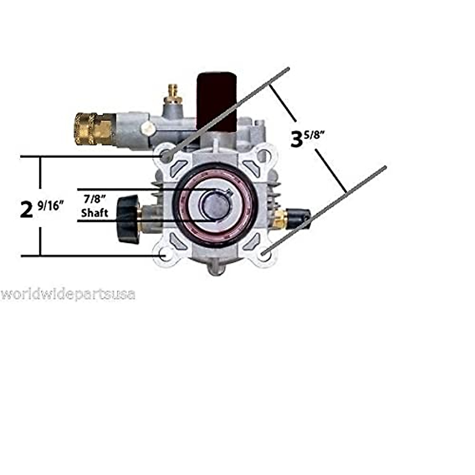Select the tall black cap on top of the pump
click(x=217, y=99)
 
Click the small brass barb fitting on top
click(x=173, y=92)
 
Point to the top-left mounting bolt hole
click(x=167, y=157)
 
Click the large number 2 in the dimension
click(x=27, y=209)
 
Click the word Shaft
click(x=94, y=213)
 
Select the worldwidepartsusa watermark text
click(x=68, y=295)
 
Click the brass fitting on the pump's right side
click(x=280, y=219)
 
